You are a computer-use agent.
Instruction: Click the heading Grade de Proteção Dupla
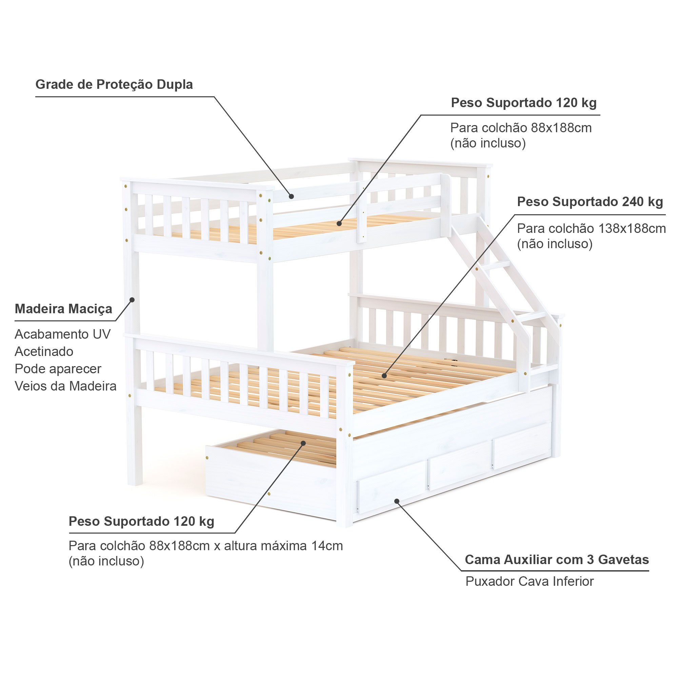pos(114,84)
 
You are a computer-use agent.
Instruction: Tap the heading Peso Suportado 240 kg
pos(590,202)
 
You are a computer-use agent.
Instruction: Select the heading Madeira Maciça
pos(63,309)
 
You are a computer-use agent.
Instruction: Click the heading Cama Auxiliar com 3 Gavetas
pos(557,559)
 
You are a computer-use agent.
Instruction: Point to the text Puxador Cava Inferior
pos(530,581)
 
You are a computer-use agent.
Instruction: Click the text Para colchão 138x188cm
pos(591,229)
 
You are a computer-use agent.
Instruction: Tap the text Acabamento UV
pos(62,334)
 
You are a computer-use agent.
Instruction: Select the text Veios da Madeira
pos(66,386)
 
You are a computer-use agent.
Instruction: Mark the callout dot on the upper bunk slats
pos(339,223)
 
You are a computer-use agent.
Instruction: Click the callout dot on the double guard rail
pos(291,197)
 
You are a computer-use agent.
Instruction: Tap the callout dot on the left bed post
pos(132,299)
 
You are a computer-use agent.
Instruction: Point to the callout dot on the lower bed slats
pos(384,376)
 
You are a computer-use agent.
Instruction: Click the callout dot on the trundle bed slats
pos(303,443)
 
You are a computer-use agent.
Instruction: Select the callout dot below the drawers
pos(397,501)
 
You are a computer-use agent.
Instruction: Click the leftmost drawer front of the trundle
pos(392,490)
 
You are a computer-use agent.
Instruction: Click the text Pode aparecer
pos(58,369)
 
